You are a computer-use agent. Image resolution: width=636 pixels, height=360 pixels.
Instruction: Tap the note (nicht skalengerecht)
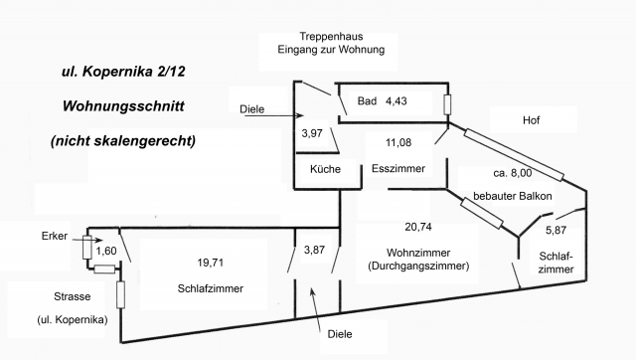point(122,140)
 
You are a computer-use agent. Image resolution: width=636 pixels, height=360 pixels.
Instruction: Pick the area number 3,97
point(313,132)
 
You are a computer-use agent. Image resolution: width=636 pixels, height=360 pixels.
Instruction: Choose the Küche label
point(325,170)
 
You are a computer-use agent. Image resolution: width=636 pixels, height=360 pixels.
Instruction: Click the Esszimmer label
point(398,170)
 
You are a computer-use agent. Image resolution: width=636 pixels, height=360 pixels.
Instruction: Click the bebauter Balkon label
point(512,196)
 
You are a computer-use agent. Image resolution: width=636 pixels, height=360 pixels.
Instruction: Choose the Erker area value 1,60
point(106,251)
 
